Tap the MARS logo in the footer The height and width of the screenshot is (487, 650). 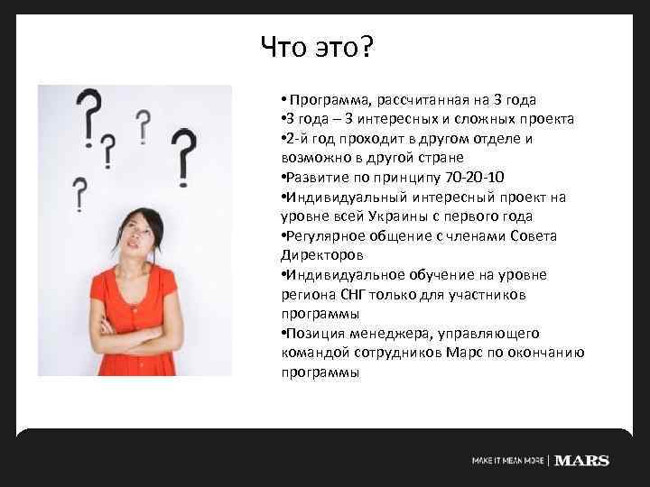(x=581, y=461)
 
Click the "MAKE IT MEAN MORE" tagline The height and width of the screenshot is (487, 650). (x=507, y=461)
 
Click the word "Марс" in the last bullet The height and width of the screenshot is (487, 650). (x=465, y=353)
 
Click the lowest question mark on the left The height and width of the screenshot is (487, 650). (x=79, y=193)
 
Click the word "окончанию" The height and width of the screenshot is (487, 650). (x=550, y=353)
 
